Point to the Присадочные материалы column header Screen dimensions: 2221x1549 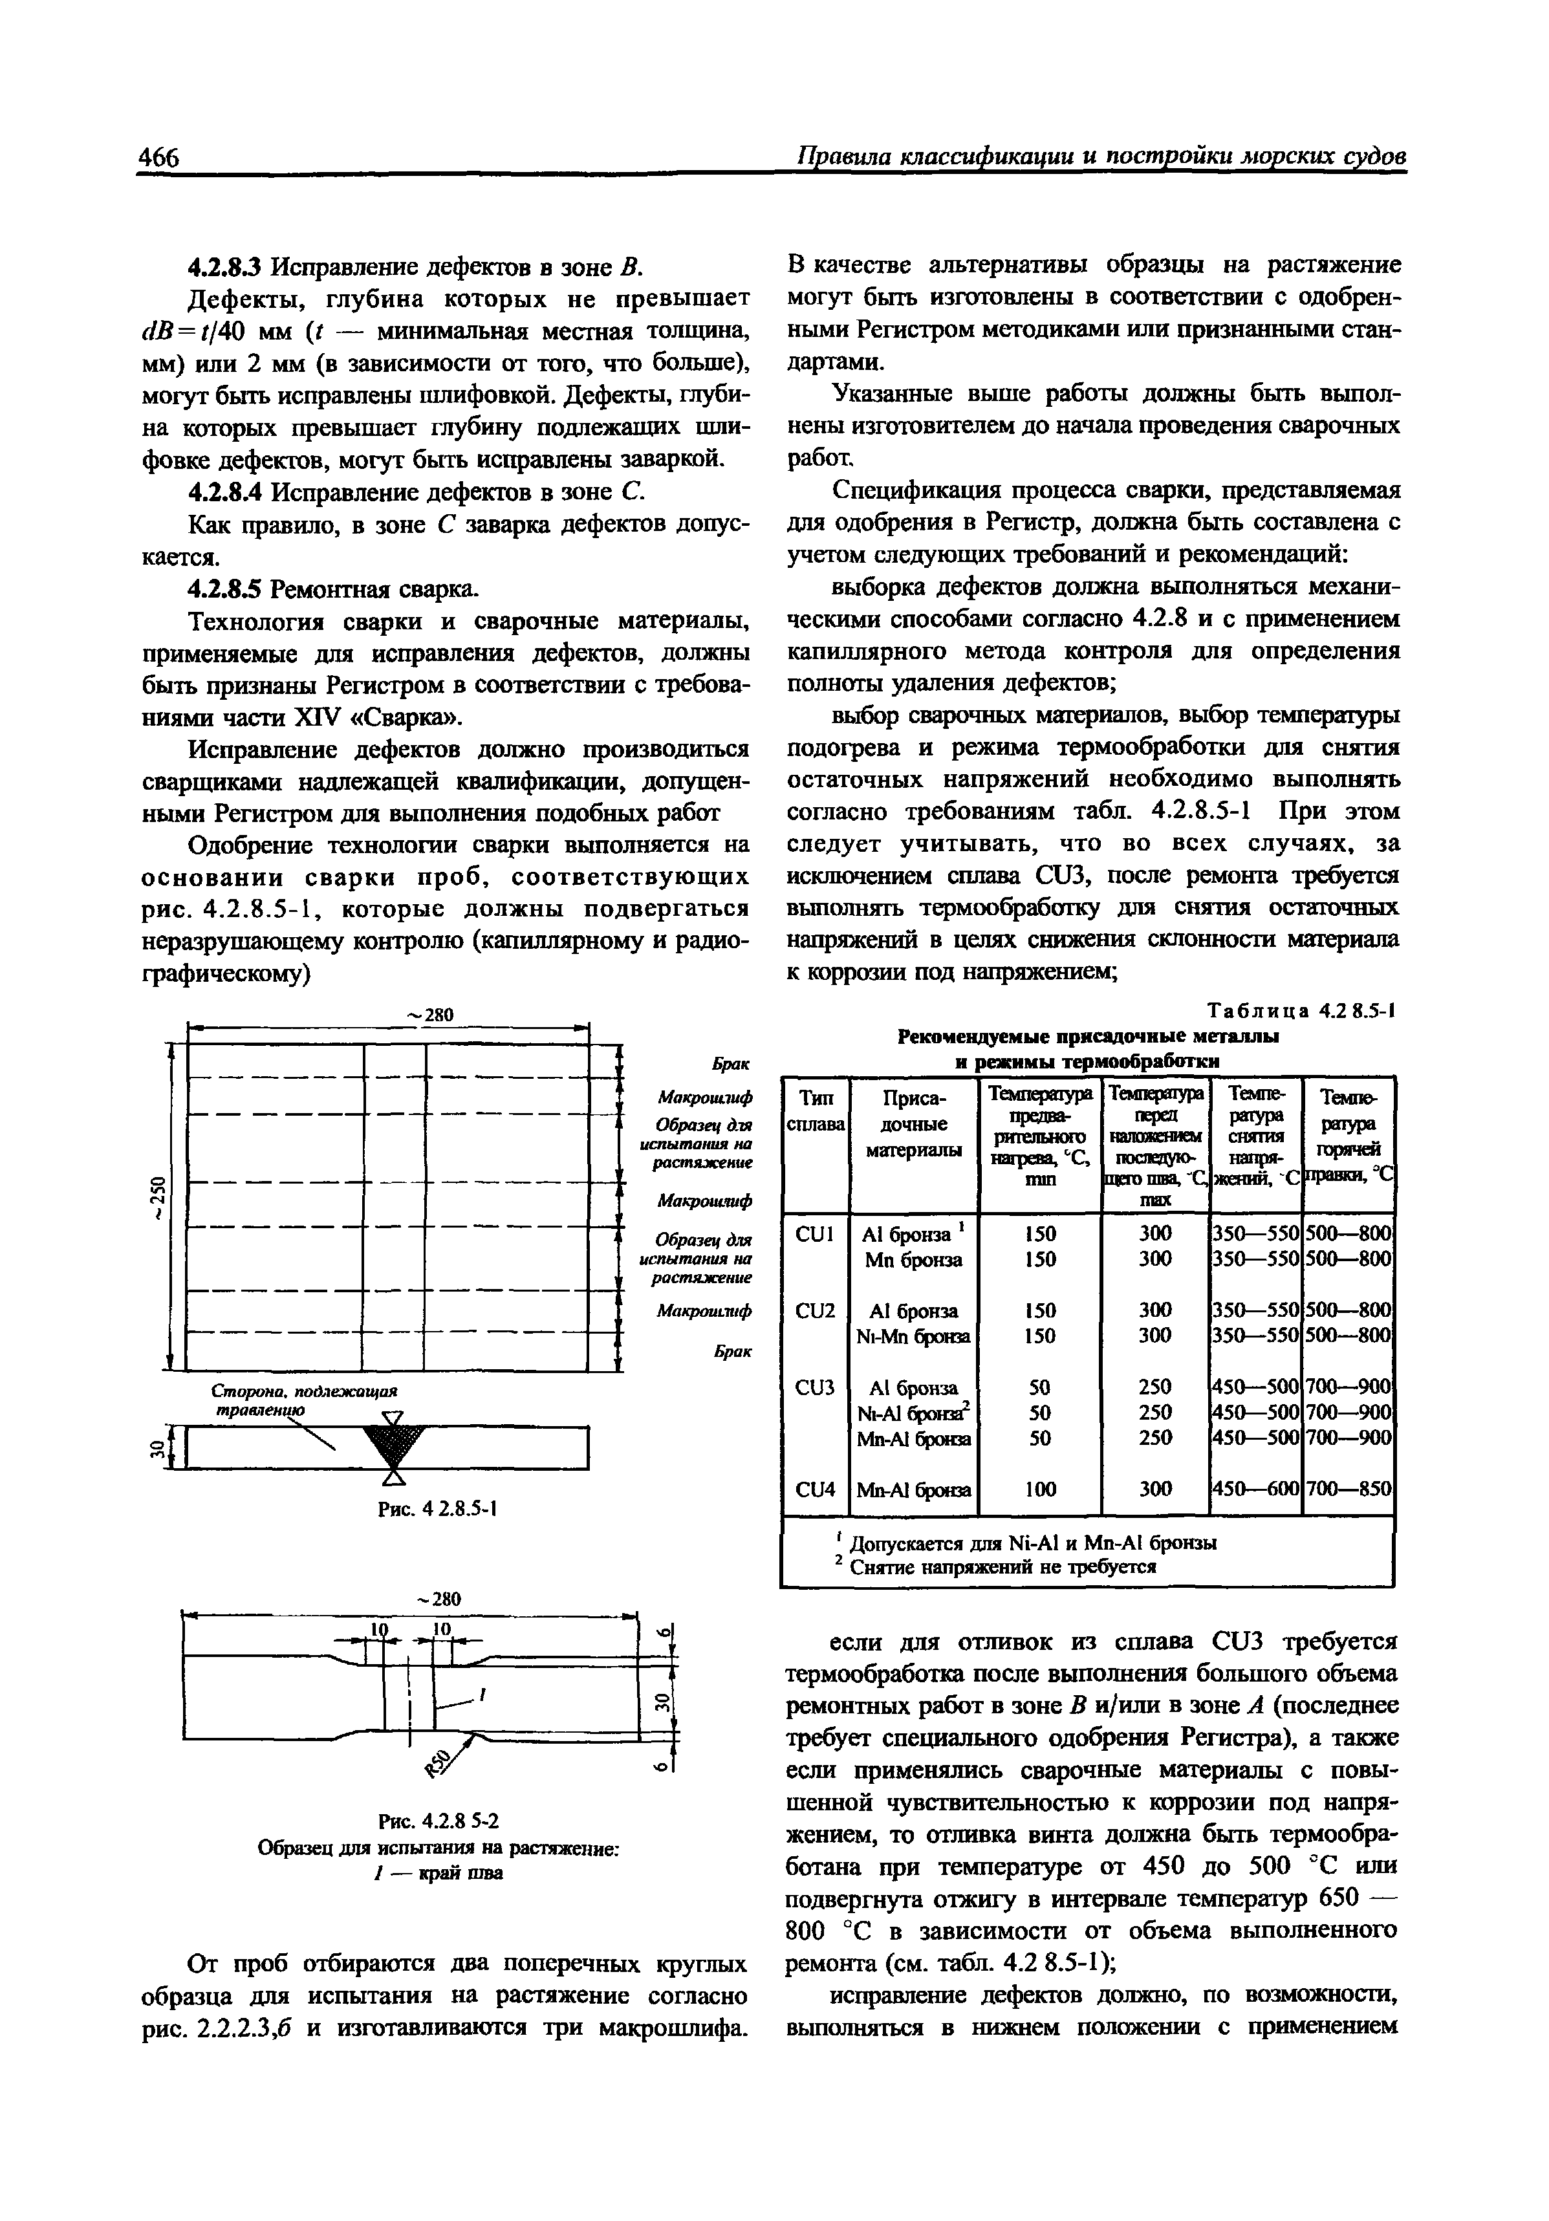point(915,1124)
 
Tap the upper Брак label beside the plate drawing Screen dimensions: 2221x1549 point(732,1063)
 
